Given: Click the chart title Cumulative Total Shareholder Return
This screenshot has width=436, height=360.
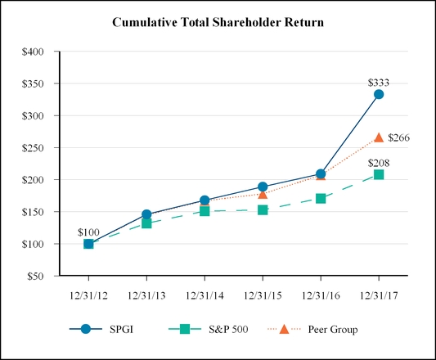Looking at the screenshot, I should tap(218, 22).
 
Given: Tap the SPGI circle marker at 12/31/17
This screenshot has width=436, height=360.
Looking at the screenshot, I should tap(379, 94).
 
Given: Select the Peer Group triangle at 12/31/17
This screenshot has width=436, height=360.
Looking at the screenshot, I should tap(379, 137).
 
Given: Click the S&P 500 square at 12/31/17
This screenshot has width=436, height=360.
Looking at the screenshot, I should tap(379, 174).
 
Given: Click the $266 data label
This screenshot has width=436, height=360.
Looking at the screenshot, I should tap(398, 137).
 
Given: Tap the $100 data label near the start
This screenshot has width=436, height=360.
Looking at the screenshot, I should tap(88, 232).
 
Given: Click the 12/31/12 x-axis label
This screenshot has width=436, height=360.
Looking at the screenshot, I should tap(88, 292).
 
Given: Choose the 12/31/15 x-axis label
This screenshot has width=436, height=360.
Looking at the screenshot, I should tap(263, 292).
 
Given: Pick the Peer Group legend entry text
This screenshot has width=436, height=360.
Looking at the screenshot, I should tap(334, 330).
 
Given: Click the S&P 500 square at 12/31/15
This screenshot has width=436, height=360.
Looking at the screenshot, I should tap(263, 209).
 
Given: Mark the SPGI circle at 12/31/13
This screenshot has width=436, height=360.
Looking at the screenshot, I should tap(146, 215).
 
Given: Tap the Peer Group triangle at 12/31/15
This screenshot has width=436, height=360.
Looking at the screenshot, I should tap(263, 194).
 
